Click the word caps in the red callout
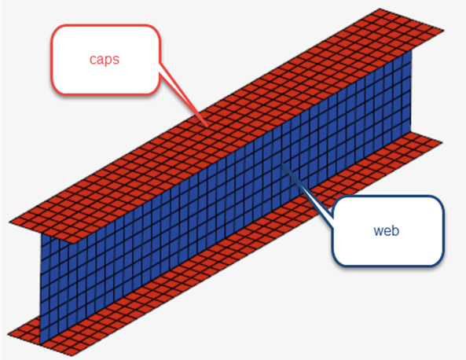pyautogui.click(x=105, y=60)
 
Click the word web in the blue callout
pyautogui.click(x=386, y=230)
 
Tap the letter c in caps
pyautogui.click(x=93, y=60)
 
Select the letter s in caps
pyautogui.click(x=116, y=60)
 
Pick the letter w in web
pyautogui.click(x=378, y=231)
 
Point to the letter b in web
pyautogui.click(x=395, y=230)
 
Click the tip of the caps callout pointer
pyautogui.click(x=207, y=127)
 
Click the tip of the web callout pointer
pyautogui.click(x=281, y=163)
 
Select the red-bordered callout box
pyautogui.click(x=105, y=60)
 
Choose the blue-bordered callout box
pyautogui.click(x=387, y=230)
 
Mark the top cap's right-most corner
pyautogui.click(x=444, y=30)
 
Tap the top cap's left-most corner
pyautogui.click(x=9, y=222)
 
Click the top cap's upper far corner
pyautogui.click(x=380, y=9)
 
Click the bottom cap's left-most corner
pyautogui.click(x=7, y=334)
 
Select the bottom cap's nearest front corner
pyautogui.click(x=72, y=355)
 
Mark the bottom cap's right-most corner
pyautogui.click(x=443, y=142)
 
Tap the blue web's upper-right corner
pyautogui.click(x=412, y=50)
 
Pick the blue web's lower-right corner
pyautogui.click(x=412, y=132)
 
